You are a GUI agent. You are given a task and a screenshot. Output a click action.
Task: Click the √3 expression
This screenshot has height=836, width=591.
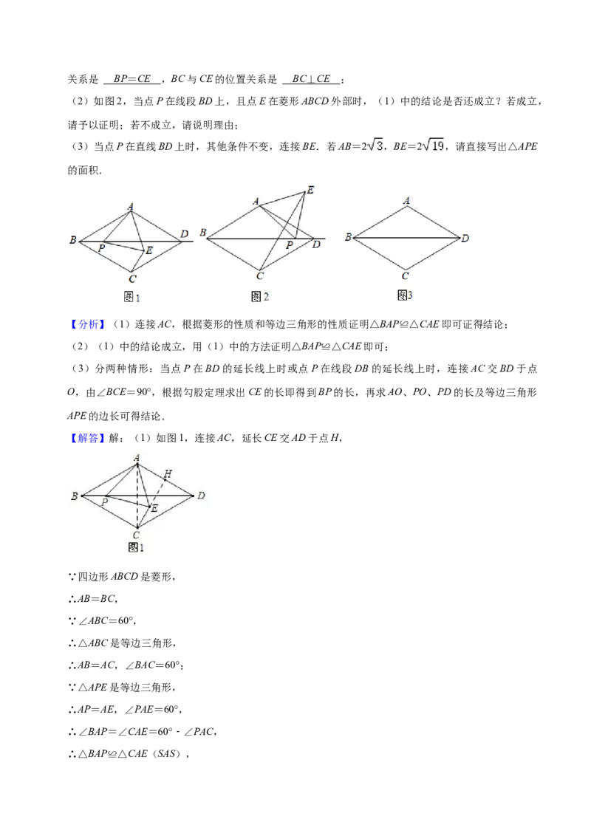pyautogui.click(x=375, y=145)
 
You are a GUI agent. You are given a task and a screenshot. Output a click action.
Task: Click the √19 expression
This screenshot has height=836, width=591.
pyautogui.click(x=434, y=146)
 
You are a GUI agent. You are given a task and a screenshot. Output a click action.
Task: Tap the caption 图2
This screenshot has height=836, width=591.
pyautogui.click(x=259, y=297)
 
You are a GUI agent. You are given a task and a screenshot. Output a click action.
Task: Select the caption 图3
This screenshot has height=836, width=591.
pyautogui.click(x=405, y=295)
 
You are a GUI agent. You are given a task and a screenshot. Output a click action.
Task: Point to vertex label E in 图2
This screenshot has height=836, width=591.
pyautogui.click(x=310, y=191)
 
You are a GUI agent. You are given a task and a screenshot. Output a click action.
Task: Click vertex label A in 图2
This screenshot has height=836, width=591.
pyautogui.click(x=256, y=201)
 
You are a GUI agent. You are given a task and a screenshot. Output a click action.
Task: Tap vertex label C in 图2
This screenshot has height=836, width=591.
pyautogui.click(x=259, y=276)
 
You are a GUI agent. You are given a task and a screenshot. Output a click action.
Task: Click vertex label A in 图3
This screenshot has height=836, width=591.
pyautogui.click(x=406, y=199)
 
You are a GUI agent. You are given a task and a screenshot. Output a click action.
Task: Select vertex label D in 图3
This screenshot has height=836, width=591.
pyautogui.click(x=465, y=239)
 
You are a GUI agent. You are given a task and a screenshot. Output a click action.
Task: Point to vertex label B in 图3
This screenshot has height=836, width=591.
pyautogui.click(x=347, y=237)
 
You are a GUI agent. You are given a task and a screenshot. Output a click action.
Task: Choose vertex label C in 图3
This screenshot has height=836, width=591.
pyautogui.click(x=406, y=276)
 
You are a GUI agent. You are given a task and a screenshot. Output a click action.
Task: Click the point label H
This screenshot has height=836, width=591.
pyautogui.click(x=168, y=473)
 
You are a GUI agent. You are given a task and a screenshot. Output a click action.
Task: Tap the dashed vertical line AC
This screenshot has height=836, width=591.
pyautogui.click(x=137, y=495)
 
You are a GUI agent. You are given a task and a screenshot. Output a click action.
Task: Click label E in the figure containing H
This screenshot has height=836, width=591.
pyautogui.click(x=154, y=509)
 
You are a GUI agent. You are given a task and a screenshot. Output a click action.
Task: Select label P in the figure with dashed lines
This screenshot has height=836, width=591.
pyautogui.click(x=104, y=502)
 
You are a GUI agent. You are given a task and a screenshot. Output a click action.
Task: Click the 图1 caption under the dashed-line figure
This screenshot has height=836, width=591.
pyautogui.click(x=136, y=548)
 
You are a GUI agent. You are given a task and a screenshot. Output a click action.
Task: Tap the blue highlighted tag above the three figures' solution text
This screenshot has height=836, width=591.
pyautogui.click(x=88, y=324)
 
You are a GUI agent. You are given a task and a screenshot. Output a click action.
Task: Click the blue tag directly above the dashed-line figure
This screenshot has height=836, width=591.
pyautogui.click(x=88, y=439)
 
